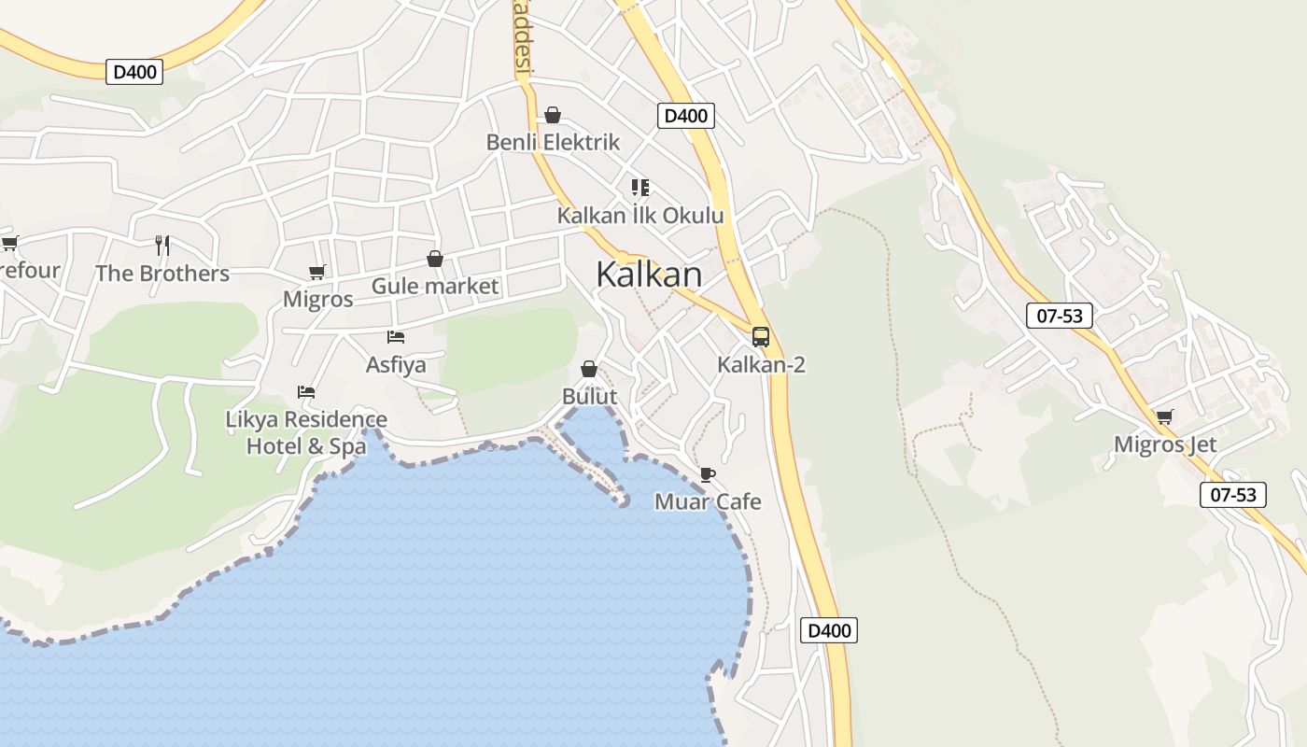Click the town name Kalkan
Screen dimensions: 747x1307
[x=649, y=275]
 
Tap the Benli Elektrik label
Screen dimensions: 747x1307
[x=553, y=143]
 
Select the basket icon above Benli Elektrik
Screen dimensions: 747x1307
[x=553, y=115]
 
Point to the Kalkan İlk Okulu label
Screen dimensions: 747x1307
[x=640, y=216]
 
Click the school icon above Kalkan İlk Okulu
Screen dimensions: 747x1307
[x=639, y=188]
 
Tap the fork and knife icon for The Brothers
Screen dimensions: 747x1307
[x=162, y=246]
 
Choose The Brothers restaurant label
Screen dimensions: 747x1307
[x=162, y=274]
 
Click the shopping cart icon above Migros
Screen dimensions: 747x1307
[x=317, y=272]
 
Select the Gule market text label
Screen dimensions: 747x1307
[x=435, y=286]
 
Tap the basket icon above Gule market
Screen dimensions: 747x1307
[x=435, y=259]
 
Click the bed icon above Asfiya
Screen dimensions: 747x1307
[x=396, y=336]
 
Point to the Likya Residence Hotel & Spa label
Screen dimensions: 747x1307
[x=306, y=433]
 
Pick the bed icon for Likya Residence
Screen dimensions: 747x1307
[x=306, y=391]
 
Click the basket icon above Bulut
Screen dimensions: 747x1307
[x=589, y=369]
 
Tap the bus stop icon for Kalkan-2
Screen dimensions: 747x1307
[x=761, y=336]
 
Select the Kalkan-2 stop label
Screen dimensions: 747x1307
[x=761, y=365]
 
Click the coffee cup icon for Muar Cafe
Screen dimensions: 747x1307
[x=708, y=474]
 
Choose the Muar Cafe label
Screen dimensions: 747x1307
[x=708, y=502]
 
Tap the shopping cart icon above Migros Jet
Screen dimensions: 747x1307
[x=1164, y=416]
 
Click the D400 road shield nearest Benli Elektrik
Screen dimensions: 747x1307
[x=686, y=116]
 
